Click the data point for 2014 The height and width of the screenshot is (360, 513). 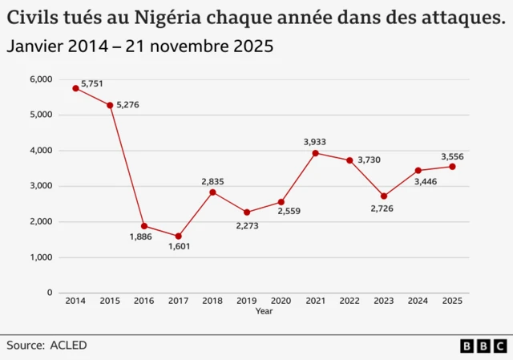pos(75,88)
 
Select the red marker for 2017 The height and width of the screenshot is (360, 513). pos(178,237)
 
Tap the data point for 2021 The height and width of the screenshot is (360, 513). pos(315,153)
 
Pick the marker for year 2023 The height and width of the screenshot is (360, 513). pos(384,196)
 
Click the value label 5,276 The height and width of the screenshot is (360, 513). pos(127,105)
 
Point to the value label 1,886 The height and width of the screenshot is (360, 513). pos(141,237)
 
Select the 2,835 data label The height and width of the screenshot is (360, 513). pos(212,181)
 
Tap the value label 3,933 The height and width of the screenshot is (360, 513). pos(315,142)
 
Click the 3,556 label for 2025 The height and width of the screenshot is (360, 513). pos(452,156)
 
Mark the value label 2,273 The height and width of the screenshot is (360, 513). pos(247,226)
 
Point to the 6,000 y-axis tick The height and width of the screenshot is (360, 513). pos(40,79)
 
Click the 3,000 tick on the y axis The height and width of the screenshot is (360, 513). pos(40,186)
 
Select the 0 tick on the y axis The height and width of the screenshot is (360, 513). pos(49,293)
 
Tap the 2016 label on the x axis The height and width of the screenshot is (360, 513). pos(143,301)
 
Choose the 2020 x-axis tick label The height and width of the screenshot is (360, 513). pos(281,301)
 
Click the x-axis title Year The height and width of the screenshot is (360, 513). pos(264,311)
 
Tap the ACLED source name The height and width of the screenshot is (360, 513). pos(68,346)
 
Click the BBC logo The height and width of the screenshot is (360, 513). pos(483,346)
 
